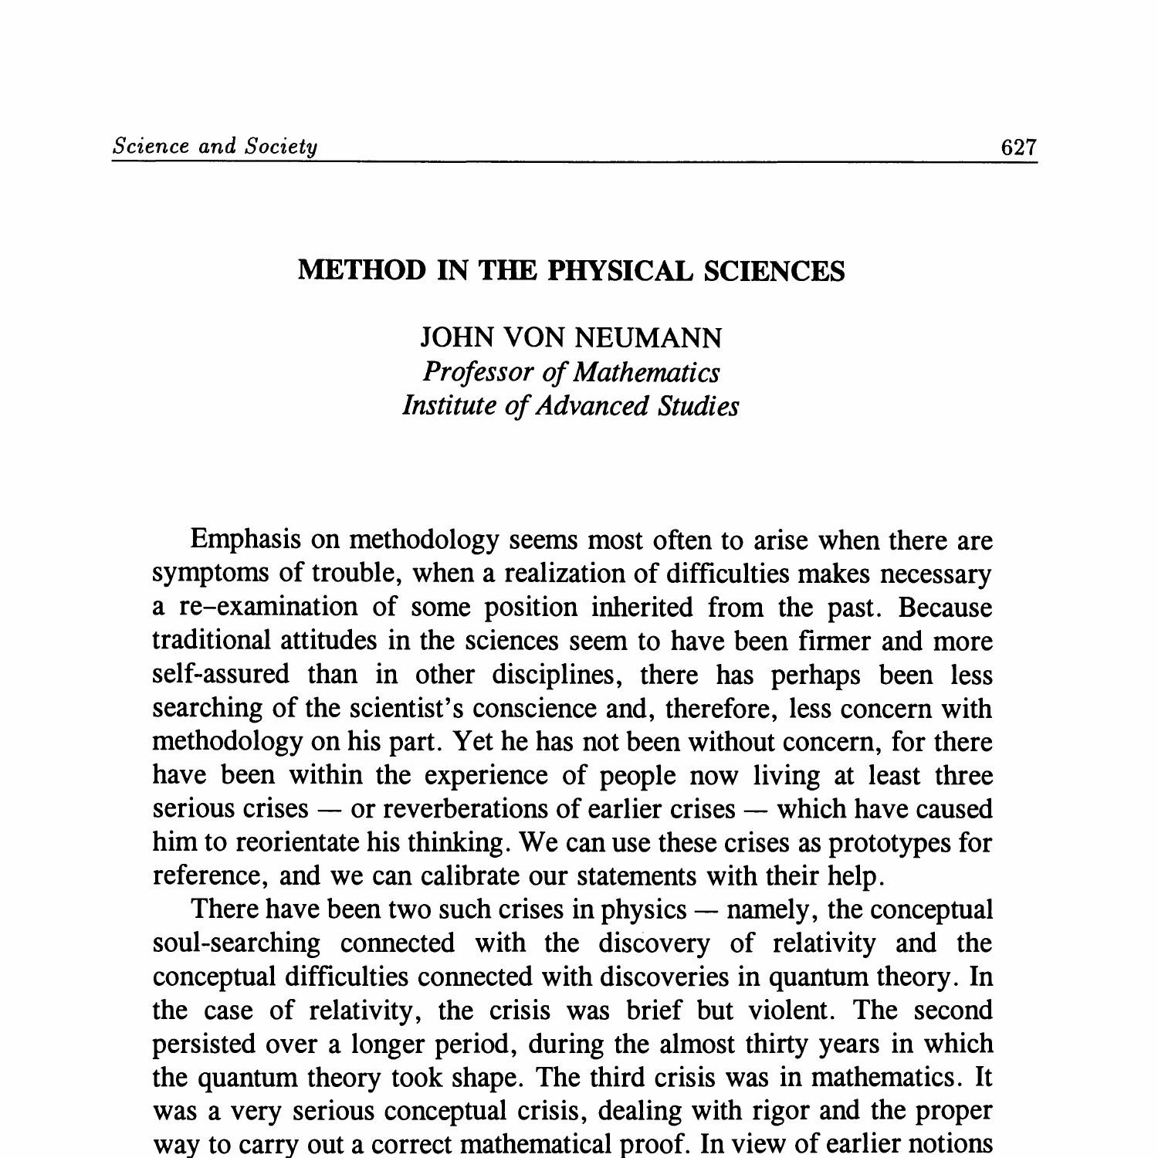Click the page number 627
click(1018, 147)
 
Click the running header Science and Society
click(215, 146)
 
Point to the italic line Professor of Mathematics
click(571, 372)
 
